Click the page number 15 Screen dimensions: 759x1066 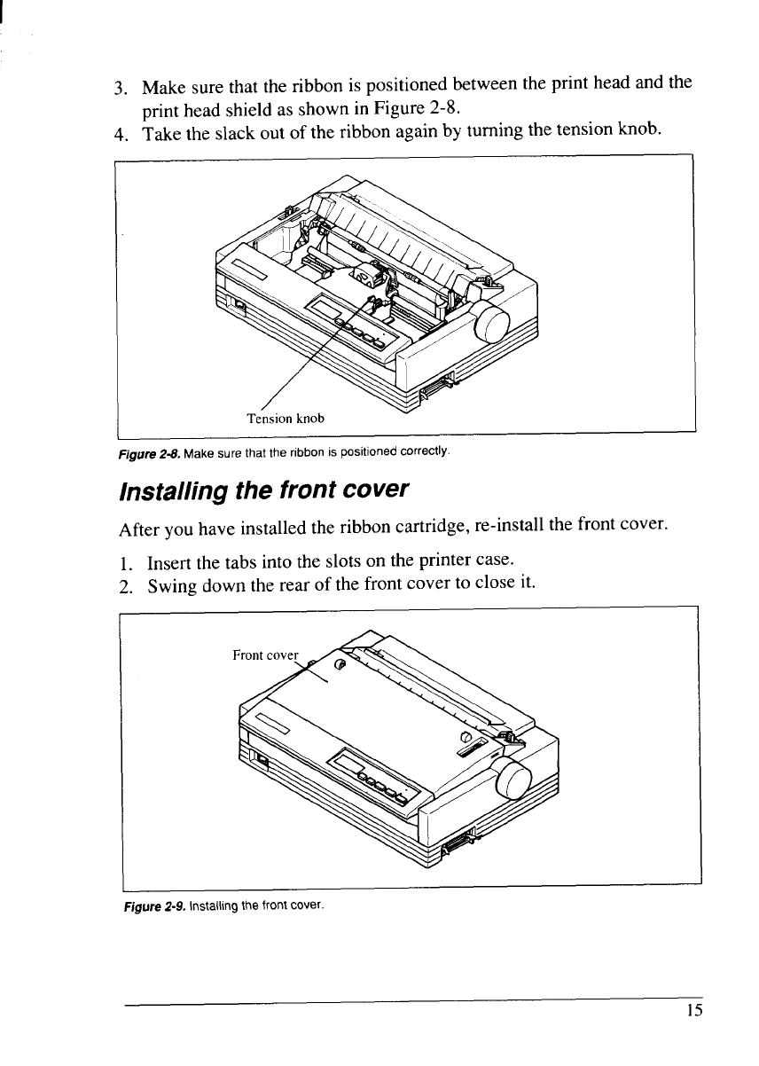(x=693, y=1011)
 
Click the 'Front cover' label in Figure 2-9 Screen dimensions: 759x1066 (x=266, y=655)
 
